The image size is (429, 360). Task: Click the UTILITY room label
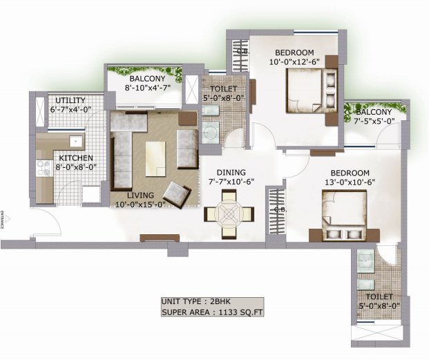click(70, 100)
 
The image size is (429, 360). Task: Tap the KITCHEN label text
click(70, 157)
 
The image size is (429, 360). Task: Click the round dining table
click(228, 214)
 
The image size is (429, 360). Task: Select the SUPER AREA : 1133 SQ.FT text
click(211, 312)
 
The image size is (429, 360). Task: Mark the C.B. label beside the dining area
click(280, 209)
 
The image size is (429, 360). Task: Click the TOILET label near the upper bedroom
click(223, 89)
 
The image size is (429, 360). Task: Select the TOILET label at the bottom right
click(376, 296)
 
